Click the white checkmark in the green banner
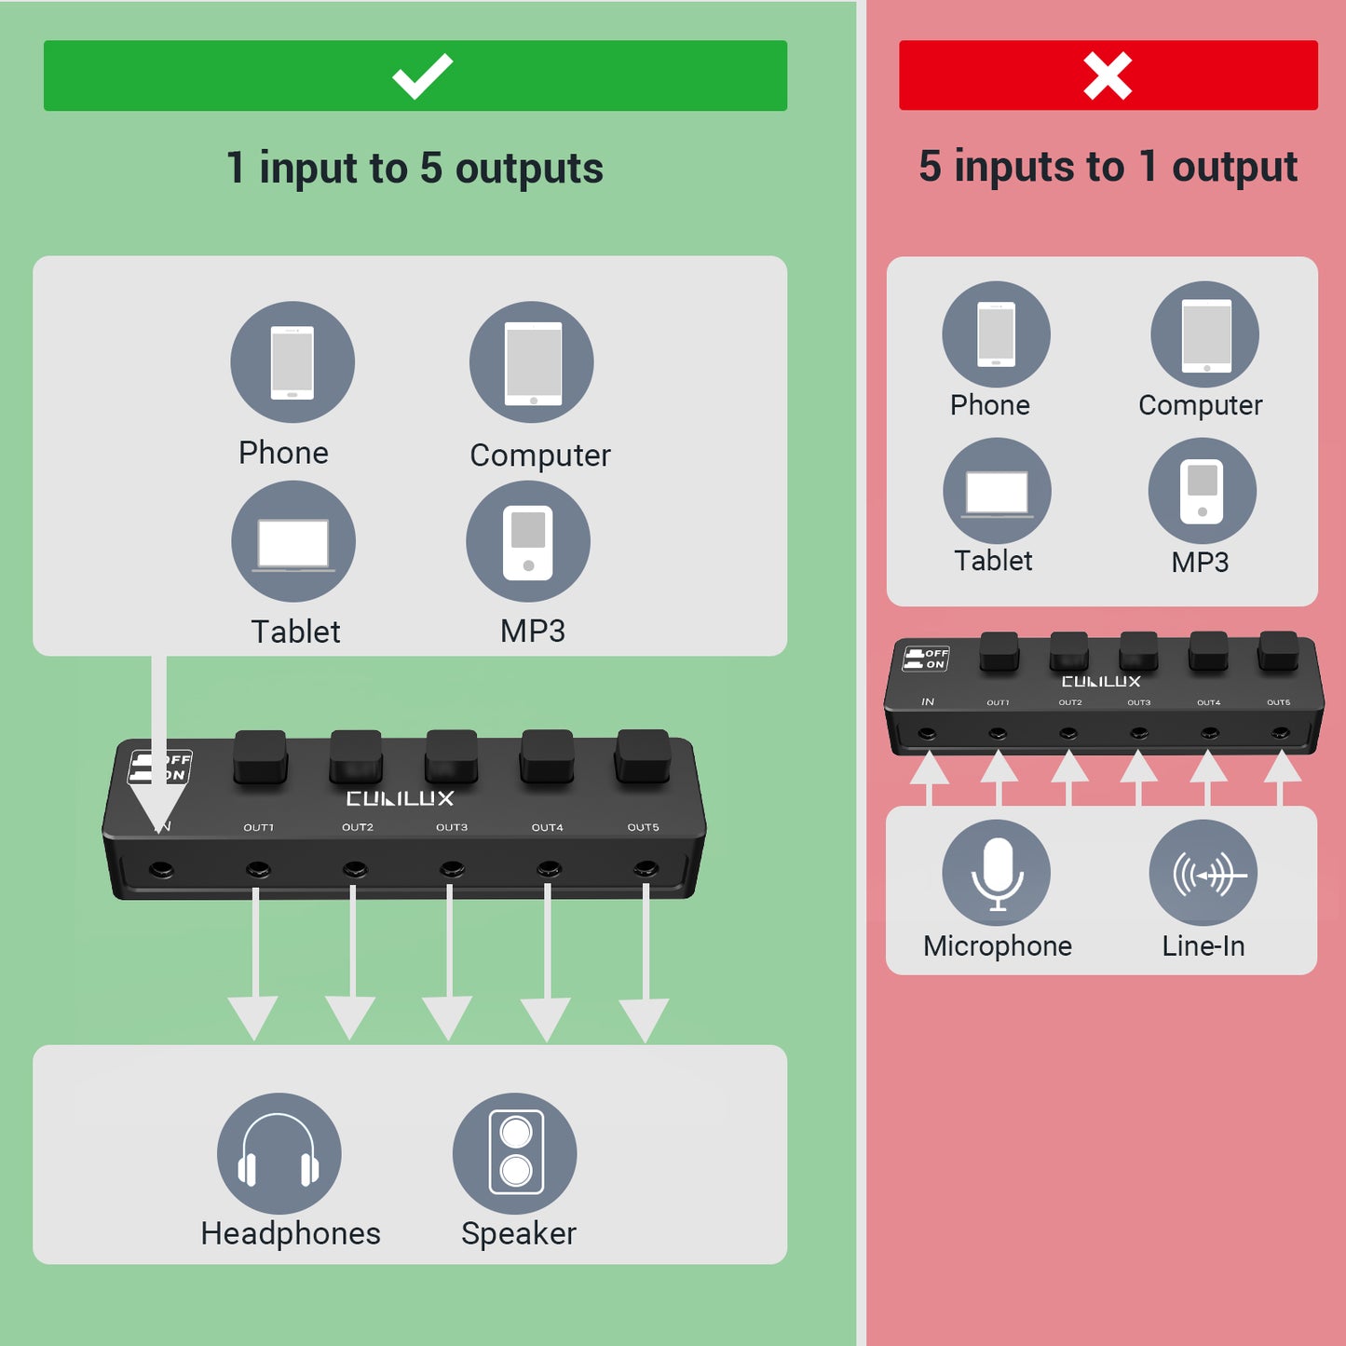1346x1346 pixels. tap(422, 76)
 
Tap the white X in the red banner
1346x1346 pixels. tap(1108, 75)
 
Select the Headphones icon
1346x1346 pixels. tap(279, 1153)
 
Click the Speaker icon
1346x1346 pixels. tap(515, 1153)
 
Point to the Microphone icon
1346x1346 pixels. tap(996, 873)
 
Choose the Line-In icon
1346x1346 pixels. tap(1203, 873)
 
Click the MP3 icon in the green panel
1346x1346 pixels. tap(528, 541)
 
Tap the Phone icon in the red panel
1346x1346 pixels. tap(996, 334)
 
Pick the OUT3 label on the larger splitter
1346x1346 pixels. tap(452, 827)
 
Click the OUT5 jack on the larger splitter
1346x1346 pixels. tap(646, 870)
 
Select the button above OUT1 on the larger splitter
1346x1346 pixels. tap(260, 755)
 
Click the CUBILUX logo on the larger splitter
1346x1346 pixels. tap(400, 798)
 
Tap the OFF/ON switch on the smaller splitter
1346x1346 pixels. tap(926, 659)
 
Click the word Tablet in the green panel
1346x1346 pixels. tap(295, 632)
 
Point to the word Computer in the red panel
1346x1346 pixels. tap(1200, 405)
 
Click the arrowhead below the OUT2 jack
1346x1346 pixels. tap(351, 1016)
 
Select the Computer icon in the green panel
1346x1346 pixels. tap(532, 362)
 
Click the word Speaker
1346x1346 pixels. tap(519, 1233)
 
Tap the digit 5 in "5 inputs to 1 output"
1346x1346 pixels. tap(930, 167)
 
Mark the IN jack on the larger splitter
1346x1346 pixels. tap(161, 870)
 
